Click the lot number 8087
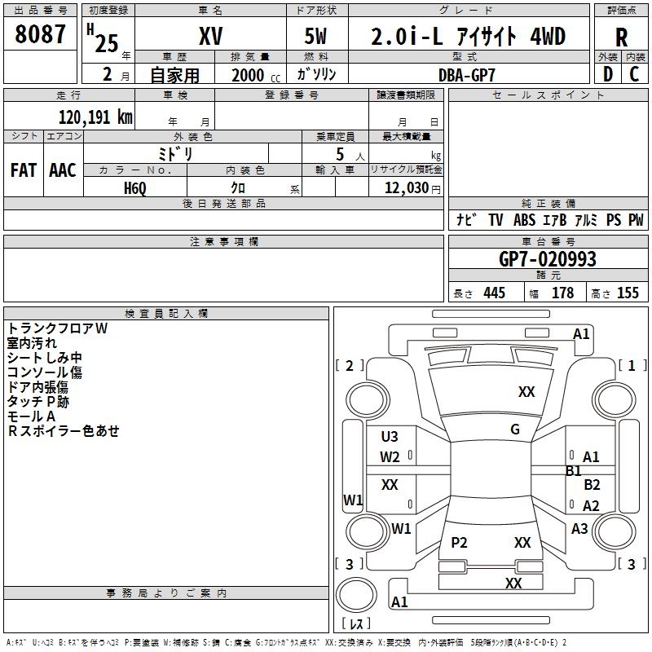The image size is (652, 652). pyautogui.click(x=40, y=34)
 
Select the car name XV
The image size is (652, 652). pyautogui.click(x=211, y=36)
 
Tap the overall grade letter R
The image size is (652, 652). pyautogui.click(x=621, y=37)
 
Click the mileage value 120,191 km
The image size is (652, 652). pyautogui.click(x=95, y=117)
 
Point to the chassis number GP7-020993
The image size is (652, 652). pyautogui.click(x=548, y=259)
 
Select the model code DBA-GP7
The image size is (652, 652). pyautogui.click(x=467, y=75)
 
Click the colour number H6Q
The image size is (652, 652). pyautogui.click(x=135, y=188)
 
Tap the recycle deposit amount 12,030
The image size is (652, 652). pyautogui.click(x=407, y=188)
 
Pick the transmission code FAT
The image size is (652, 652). pyautogui.click(x=24, y=170)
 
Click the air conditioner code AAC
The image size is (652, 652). pyautogui.click(x=63, y=170)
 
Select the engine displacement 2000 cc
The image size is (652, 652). pyautogui.click(x=256, y=75)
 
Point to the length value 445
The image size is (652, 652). pyautogui.click(x=495, y=293)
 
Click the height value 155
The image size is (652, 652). pyautogui.click(x=628, y=293)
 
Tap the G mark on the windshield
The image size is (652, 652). pyautogui.click(x=515, y=430)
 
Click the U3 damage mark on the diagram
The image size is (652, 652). pyautogui.click(x=390, y=437)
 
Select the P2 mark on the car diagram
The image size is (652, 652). pyautogui.click(x=459, y=543)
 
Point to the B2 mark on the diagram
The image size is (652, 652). pyautogui.click(x=593, y=485)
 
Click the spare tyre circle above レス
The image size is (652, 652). pyautogui.click(x=356, y=595)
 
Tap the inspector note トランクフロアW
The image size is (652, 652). pyautogui.click(x=57, y=328)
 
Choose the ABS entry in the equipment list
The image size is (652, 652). pyautogui.click(x=524, y=220)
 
